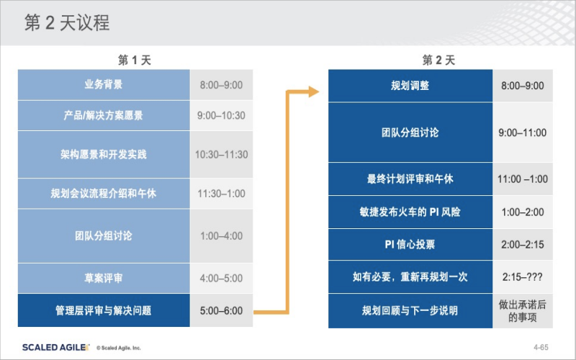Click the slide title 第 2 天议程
pos(67,22)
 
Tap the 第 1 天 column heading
pos(135,60)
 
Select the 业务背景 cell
pos(104,85)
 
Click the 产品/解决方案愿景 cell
pos(104,115)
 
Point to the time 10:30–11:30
pos(222,154)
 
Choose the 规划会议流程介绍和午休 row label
pos(104,193)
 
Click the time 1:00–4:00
pos(222,236)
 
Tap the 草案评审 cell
pos(104,278)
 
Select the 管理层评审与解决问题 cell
pos(104,310)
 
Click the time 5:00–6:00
pos(222,311)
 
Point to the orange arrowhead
pos(313,91)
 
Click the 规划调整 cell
pos(410,86)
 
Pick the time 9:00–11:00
pos(523,132)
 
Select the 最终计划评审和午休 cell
pos(410,179)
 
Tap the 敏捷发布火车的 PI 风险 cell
pos(410,212)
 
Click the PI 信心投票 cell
pos(410,244)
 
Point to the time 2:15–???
pos(523,276)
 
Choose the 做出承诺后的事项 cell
pos(523,311)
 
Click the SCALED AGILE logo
pos(56,348)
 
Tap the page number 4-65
pos(541,347)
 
